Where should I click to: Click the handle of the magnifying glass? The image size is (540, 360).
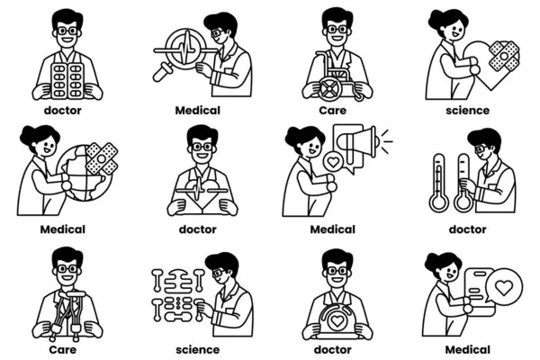tap(160, 73)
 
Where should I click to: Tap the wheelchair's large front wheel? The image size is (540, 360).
tap(329, 89)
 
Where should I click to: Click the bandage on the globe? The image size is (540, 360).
tap(102, 158)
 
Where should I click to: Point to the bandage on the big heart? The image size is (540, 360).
tap(504, 56)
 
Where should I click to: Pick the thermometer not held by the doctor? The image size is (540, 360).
tap(439, 182)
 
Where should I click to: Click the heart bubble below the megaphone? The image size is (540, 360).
tap(333, 162)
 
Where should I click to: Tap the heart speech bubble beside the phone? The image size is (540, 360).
tap(504, 287)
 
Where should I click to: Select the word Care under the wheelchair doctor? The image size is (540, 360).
tap(333, 111)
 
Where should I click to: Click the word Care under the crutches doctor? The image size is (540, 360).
tap(63, 350)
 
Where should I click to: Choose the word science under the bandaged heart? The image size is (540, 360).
tap(467, 111)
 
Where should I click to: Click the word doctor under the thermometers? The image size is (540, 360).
tap(467, 229)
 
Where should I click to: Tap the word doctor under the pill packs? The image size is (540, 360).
tap(63, 111)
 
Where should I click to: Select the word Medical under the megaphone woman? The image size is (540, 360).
tap(333, 229)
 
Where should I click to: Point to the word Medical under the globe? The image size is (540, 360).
tap(63, 229)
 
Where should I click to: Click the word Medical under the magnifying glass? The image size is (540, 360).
tap(198, 111)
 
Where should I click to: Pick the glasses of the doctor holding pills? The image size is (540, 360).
tap(67, 31)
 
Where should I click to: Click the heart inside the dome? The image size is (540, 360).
tap(337, 320)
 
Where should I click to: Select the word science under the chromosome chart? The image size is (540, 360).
tap(198, 350)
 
